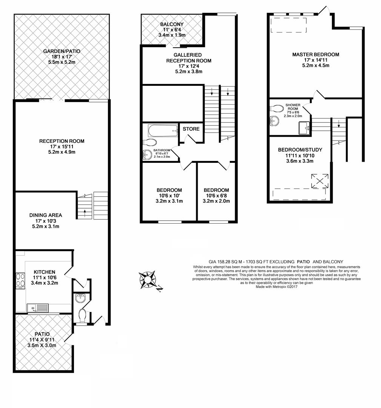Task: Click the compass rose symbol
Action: point(147,280)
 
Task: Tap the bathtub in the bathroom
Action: point(163,131)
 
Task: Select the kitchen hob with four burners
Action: point(20,280)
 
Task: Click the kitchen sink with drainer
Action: point(38,308)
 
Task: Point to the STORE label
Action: point(191,129)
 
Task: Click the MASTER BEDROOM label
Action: point(315,54)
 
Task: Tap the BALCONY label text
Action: point(172,24)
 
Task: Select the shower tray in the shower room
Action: point(304,128)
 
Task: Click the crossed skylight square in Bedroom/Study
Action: point(320,181)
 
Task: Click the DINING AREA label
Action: point(46,215)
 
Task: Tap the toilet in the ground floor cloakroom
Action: point(83,315)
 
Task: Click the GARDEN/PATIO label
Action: point(61,51)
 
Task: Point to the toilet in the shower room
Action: point(277,108)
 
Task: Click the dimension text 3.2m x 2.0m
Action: point(216,201)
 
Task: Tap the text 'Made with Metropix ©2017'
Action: point(277,287)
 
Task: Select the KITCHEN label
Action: point(44,272)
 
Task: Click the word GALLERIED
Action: point(187,55)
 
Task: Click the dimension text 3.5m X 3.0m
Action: point(42,346)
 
